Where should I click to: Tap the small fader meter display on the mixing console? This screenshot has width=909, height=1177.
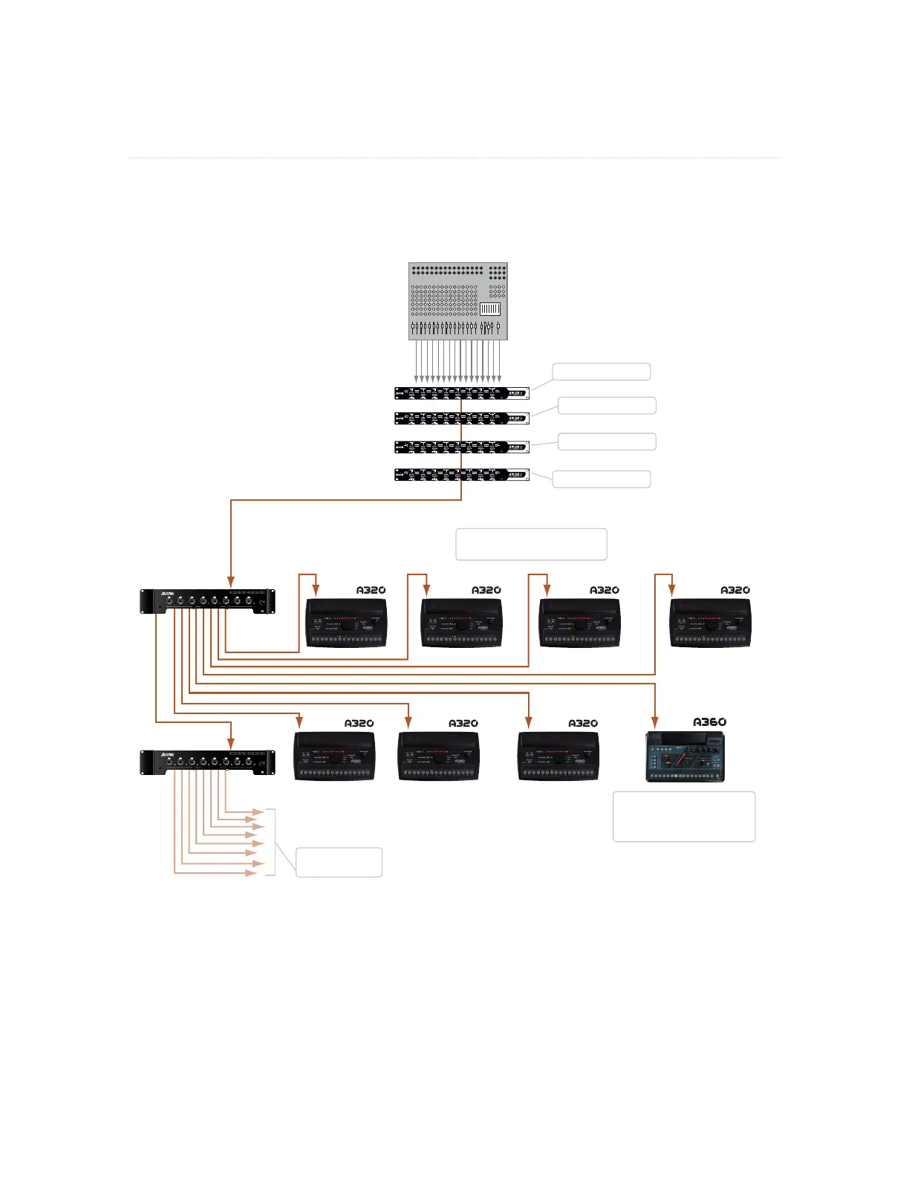coord(489,308)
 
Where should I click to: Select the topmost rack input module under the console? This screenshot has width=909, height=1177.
coord(461,393)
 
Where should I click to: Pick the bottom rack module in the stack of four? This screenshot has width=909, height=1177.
coord(461,474)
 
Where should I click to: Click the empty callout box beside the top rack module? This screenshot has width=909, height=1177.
coord(602,372)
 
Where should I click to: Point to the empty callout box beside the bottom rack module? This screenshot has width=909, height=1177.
coord(602,479)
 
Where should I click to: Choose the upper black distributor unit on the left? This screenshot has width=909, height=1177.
coord(208,600)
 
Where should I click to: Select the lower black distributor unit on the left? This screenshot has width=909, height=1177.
coord(208,762)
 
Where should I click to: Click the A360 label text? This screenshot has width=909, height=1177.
coord(709,722)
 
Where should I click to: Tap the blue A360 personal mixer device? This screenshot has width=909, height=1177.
coord(685,756)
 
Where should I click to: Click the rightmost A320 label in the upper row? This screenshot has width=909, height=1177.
coord(735,590)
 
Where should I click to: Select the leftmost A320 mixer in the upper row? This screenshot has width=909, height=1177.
coord(347,623)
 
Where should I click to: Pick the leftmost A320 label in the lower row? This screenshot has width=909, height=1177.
coord(359,723)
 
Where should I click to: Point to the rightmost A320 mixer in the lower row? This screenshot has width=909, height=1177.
coord(558,755)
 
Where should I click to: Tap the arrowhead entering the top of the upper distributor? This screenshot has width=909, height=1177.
coord(231,582)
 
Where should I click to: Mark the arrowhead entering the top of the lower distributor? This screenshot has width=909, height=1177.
coord(231,744)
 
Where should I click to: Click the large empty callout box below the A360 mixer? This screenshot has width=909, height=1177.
coord(684,817)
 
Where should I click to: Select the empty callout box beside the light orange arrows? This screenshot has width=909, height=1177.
coord(339,862)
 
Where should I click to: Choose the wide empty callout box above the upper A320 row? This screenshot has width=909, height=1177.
coord(531,544)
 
